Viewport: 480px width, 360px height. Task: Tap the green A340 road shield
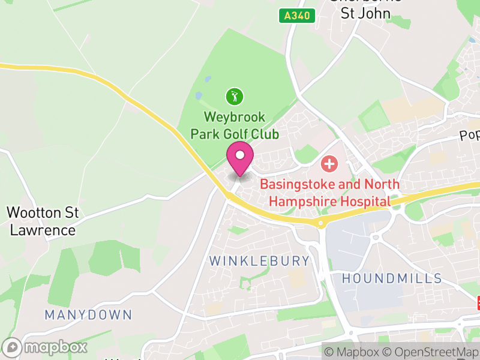[297, 16]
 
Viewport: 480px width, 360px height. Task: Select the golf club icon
[235, 95]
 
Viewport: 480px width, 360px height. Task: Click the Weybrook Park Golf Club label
[235, 124]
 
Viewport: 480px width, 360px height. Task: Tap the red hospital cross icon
[329, 163]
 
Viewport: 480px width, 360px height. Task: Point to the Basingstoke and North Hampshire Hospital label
[329, 193]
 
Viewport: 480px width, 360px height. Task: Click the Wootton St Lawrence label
[41, 221]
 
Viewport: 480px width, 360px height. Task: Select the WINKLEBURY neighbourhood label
[260, 261]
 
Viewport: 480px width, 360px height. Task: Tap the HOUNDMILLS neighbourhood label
[392, 278]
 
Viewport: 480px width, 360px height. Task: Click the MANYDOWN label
[88, 314]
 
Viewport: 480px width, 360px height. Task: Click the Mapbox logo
[46, 347]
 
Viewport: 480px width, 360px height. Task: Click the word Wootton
[34, 212]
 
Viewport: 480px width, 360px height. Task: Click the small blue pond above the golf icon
[208, 79]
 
